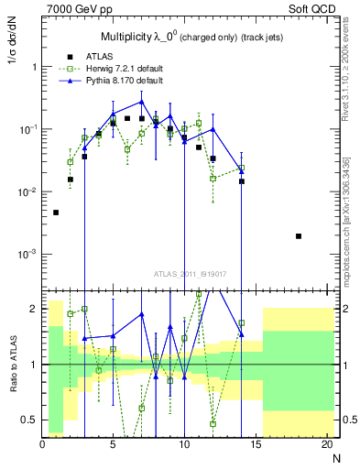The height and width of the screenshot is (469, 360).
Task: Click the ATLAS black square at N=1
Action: (x=56, y=213)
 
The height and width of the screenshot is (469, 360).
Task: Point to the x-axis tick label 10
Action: (x=184, y=444)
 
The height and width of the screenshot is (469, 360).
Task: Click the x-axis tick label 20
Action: (x=326, y=444)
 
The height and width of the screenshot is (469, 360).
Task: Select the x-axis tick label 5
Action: (x=114, y=444)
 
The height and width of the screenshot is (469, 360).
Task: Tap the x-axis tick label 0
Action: (x=42, y=444)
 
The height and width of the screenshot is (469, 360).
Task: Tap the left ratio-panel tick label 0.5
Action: (x=30, y=420)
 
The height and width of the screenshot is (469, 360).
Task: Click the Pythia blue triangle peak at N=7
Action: (x=141, y=101)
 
